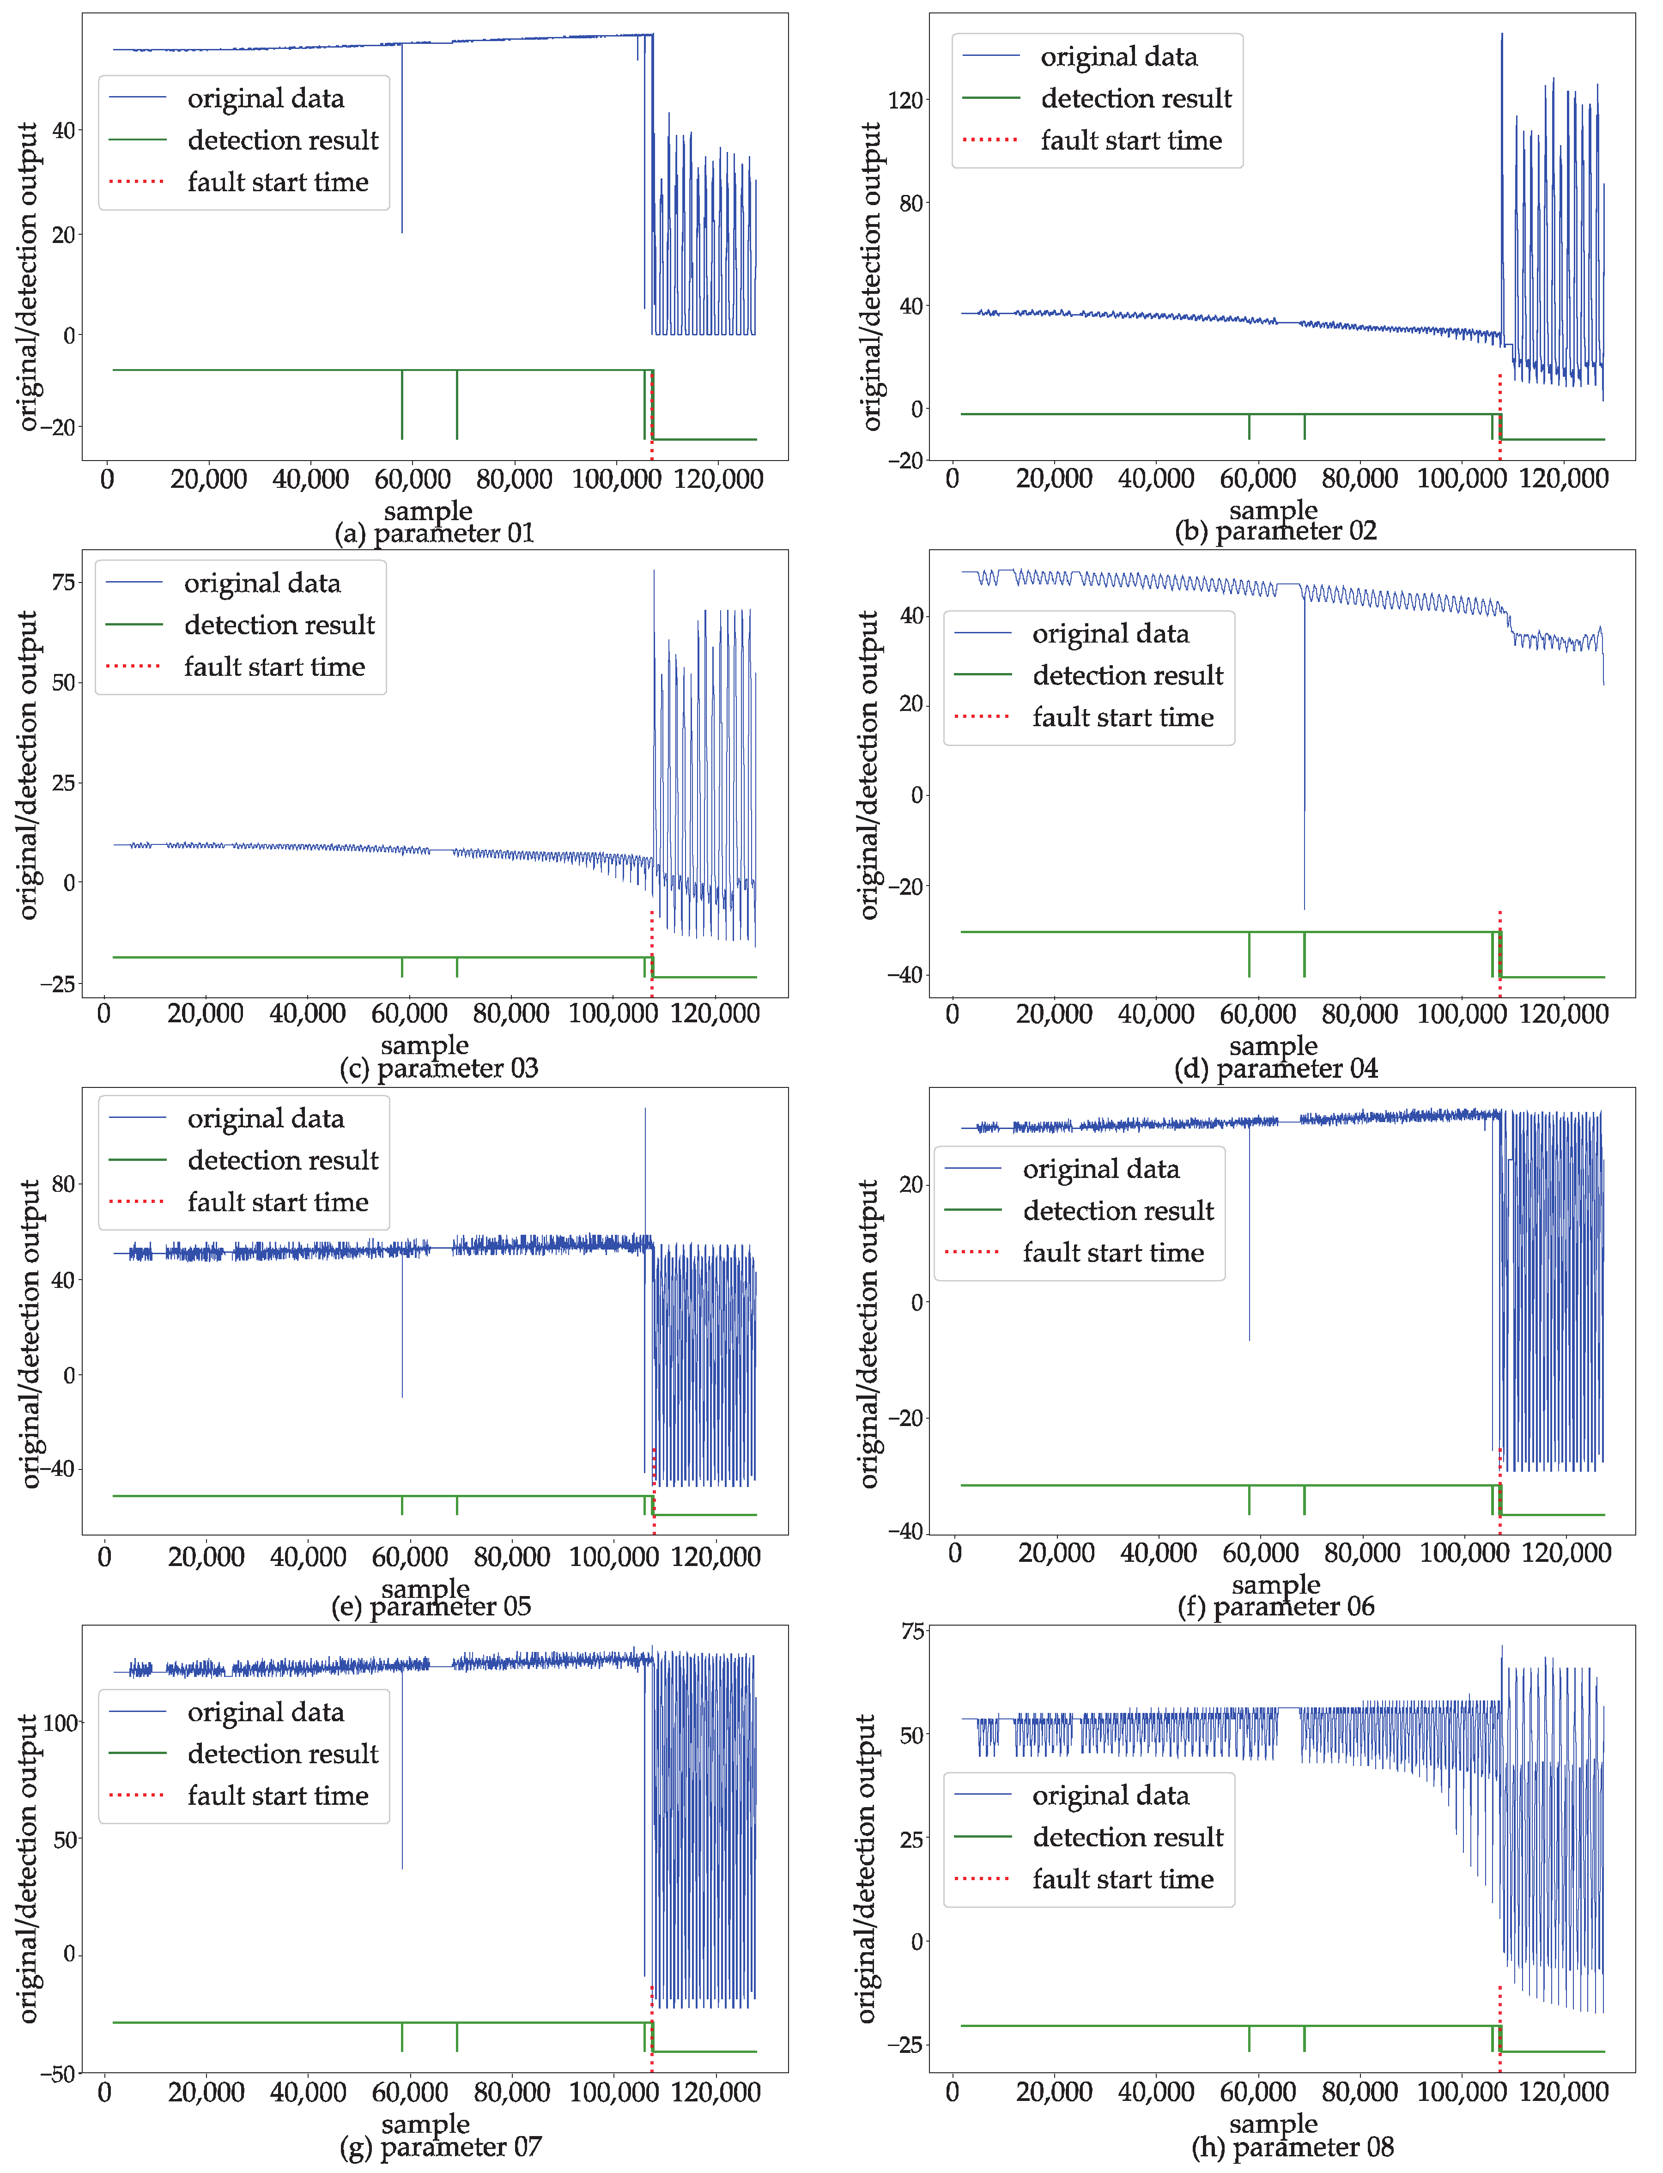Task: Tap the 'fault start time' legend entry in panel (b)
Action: [1130, 140]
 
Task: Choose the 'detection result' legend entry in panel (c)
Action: [279, 625]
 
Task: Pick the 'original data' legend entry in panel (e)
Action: [265, 1119]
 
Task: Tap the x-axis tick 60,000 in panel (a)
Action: [413, 479]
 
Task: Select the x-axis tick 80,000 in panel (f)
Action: [1362, 1552]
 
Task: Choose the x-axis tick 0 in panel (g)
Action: [105, 2092]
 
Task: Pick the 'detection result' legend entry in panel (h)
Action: [1128, 1838]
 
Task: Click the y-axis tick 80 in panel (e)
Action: [63, 1184]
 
